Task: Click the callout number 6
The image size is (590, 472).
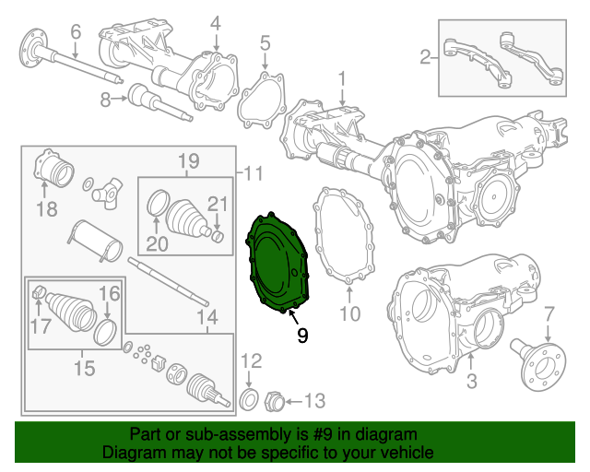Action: pyautogui.click(x=76, y=31)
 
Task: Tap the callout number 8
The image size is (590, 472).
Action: pyautogui.click(x=105, y=99)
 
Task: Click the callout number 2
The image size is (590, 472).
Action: pyautogui.click(x=424, y=58)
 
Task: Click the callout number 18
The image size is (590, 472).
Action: pyautogui.click(x=47, y=209)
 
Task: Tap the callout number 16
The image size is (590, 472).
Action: pyautogui.click(x=109, y=294)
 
